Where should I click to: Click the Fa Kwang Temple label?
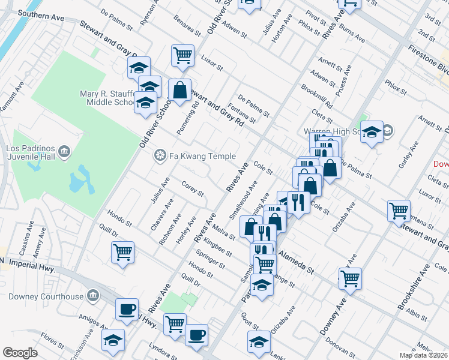click(x=202, y=156)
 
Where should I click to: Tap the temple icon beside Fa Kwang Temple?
click(x=160, y=156)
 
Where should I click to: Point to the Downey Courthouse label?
click(x=46, y=296)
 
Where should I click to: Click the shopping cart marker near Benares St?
click(x=182, y=56)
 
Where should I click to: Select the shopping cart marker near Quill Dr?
click(x=122, y=251)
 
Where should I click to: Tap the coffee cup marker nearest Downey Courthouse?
click(x=127, y=309)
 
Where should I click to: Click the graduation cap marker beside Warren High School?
click(x=372, y=131)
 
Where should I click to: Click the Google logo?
click(x=20, y=353)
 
